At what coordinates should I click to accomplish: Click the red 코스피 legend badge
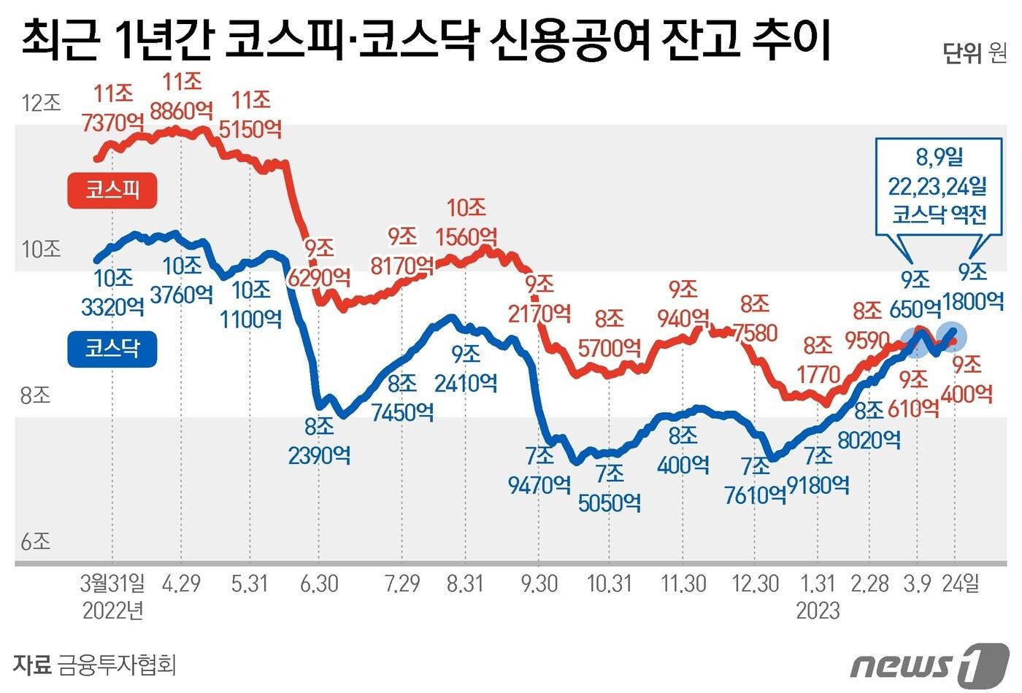click(112, 190)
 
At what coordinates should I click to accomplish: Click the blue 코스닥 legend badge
click(112, 348)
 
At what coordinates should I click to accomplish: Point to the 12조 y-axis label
click(41, 104)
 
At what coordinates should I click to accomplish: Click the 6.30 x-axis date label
click(318, 584)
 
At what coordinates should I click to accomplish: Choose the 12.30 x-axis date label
click(755, 584)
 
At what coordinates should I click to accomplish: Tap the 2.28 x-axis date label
click(869, 584)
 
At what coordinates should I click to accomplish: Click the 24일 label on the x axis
click(959, 584)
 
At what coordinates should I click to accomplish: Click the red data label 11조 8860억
click(182, 96)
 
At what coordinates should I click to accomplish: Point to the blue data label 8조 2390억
click(319, 441)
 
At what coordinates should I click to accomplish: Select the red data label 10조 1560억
click(466, 222)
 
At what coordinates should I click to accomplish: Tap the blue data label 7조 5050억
click(610, 488)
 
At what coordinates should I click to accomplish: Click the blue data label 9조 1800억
click(973, 286)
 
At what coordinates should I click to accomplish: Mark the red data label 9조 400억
click(967, 379)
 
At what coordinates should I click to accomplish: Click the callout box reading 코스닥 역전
click(939, 185)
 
